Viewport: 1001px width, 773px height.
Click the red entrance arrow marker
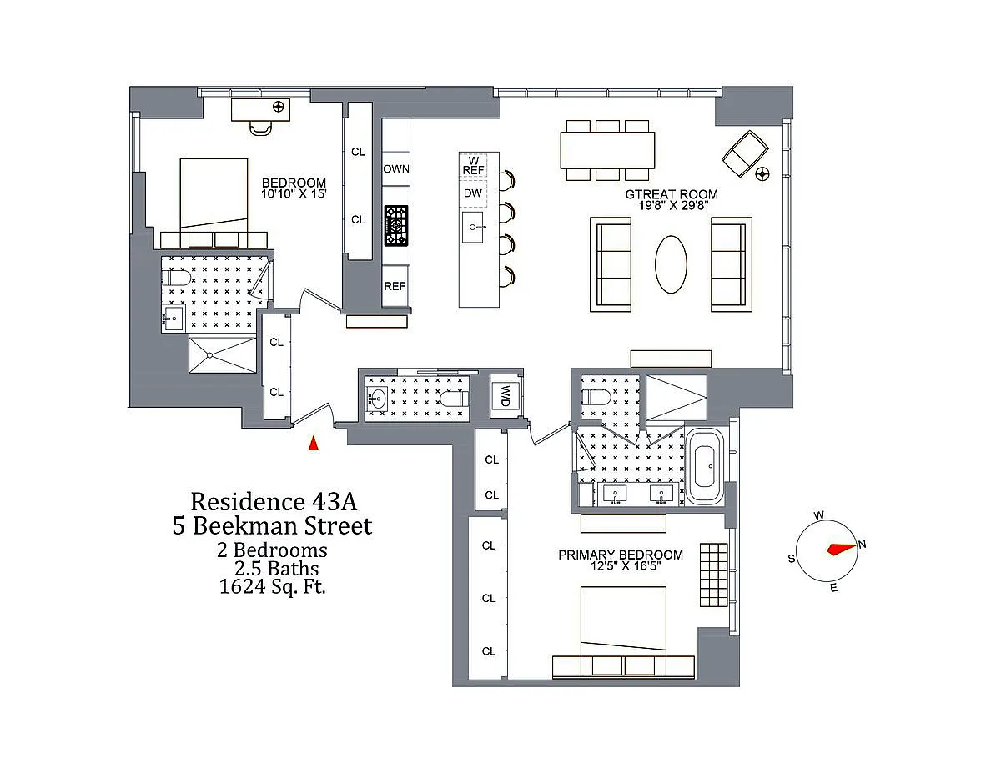314,444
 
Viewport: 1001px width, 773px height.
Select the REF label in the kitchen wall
395,286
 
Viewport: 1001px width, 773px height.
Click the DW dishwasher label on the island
473,193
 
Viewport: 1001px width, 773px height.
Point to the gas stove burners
395,225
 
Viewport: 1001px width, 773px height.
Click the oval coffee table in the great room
671,264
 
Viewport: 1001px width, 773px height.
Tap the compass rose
826,550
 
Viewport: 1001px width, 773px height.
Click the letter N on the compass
863,545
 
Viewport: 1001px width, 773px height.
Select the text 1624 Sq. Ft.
272,586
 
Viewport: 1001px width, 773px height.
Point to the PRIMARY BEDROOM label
621,555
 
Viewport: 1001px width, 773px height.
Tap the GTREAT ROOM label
672,194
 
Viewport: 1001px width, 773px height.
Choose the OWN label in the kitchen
396,168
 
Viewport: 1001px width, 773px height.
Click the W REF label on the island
474,164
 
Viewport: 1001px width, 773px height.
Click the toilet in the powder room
453,399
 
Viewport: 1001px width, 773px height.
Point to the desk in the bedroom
260,110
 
